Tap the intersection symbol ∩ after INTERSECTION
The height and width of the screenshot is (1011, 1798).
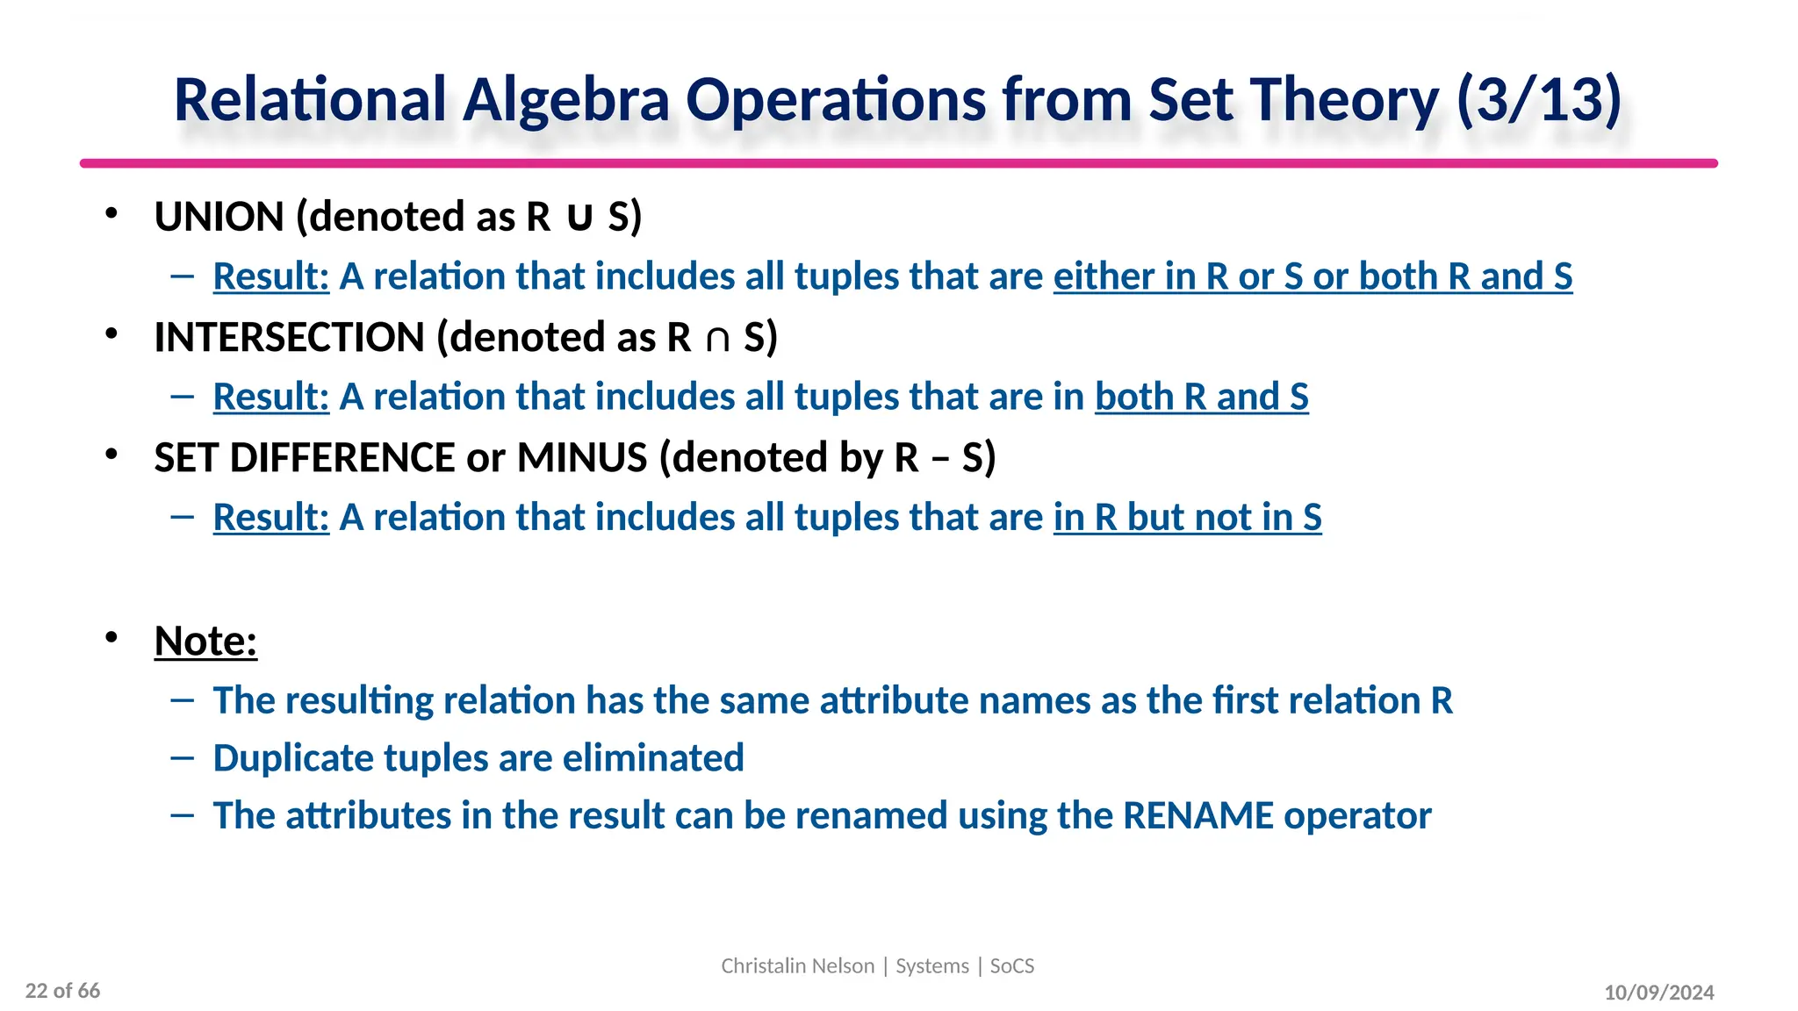[717, 339]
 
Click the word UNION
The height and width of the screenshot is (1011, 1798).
[219, 217]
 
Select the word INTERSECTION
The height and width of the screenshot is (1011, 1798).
[290, 338]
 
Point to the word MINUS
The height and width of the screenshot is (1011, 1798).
[582, 458]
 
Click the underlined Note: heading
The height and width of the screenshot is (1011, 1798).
[205, 641]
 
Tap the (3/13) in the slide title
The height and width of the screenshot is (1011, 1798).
[1538, 99]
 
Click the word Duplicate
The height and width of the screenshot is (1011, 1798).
[292, 758]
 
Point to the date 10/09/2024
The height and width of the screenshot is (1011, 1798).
[1658, 993]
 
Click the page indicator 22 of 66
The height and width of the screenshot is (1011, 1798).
[62, 991]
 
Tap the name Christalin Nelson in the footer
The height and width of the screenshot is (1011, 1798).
[797, 966]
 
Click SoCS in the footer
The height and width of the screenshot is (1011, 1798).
[1012, 966]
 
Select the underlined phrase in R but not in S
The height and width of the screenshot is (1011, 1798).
[1187, 518]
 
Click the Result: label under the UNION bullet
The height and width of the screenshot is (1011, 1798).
[270, 276]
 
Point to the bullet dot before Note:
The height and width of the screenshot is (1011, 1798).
[111, 637]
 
